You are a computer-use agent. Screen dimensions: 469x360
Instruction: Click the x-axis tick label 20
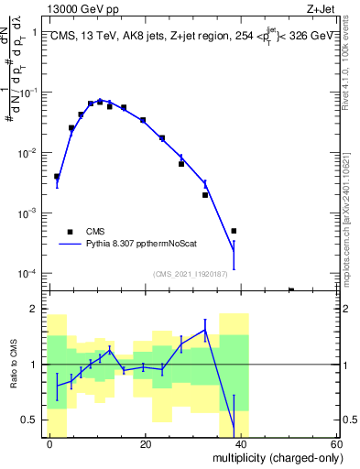pyautogui.click(x=145, y=443)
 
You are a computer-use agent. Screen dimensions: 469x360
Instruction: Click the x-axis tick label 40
pyautogui.click(x=240, y=443)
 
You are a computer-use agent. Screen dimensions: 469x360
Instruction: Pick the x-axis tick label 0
pyautogui.click(x=49, y=443)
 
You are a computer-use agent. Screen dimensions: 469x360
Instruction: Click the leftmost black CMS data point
pyautogui.click(x=57, y=177)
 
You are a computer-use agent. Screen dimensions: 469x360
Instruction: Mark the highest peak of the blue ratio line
pyautogui.click(x=205, y=330)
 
